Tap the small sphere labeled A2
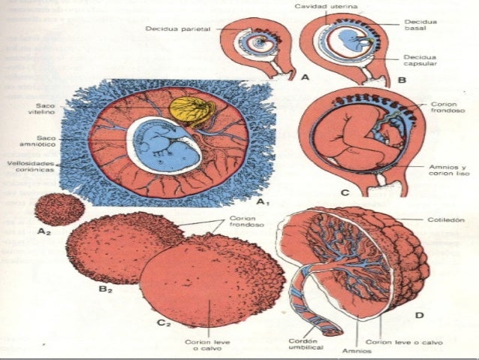coord(59,210)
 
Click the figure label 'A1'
coord(263,202)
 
